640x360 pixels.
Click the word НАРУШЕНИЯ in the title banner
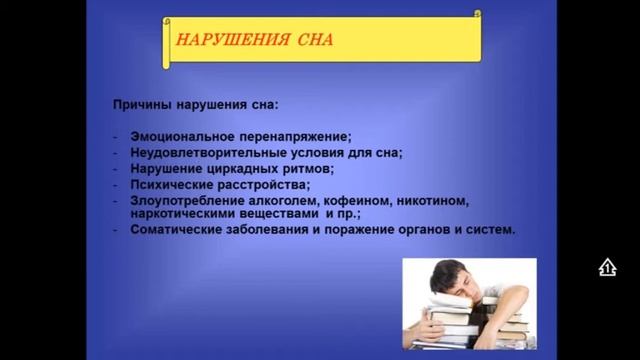[x=220, y=41]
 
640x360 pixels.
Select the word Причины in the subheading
[x=143, y=104]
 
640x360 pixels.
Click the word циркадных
[x=229, y=169]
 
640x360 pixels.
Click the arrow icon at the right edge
[x=607, y=267]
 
